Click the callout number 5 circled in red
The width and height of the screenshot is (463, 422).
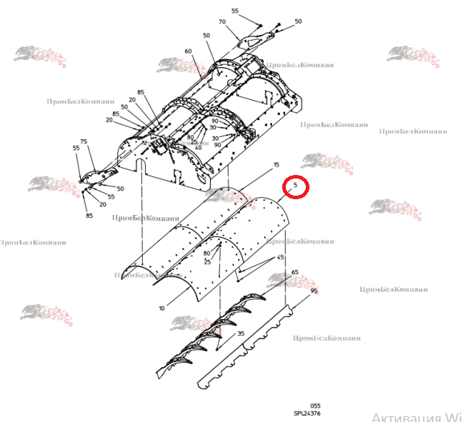tap(295, 186)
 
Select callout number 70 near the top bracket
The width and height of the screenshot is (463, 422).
tap(222, 22)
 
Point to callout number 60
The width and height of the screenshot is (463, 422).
tap(188, 51)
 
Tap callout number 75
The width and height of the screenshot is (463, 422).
tap(84, 141)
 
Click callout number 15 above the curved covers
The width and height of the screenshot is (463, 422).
tap(276, 165)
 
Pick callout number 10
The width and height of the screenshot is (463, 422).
tap(162, 308)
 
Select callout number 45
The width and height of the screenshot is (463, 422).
tap(281, 257)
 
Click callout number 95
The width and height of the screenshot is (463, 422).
tap(313, 291)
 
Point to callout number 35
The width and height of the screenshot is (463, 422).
tap(241, 333)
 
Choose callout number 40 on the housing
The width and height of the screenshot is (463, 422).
tap(198, 147)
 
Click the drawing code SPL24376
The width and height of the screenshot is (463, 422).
tap(307, 413)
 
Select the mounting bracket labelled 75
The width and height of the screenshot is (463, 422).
tap(96, 175)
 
